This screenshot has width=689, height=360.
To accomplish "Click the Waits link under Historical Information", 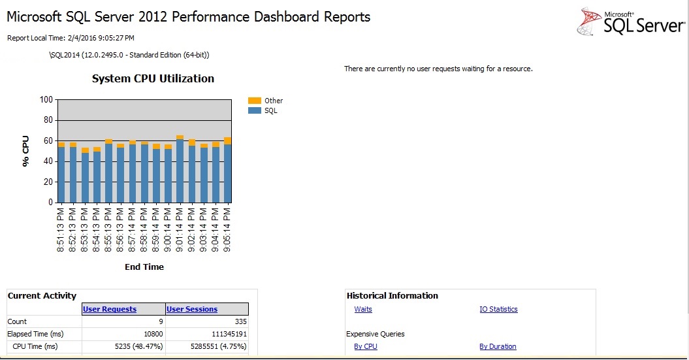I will coord(363,309).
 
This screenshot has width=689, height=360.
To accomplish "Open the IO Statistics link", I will coord(498,309).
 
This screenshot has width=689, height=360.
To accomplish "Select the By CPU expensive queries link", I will coord(366,346).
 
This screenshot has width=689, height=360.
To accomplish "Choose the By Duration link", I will coord(498,346).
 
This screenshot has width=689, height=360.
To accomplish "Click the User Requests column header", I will coord(110,309).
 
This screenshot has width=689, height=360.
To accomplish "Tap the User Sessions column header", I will coord(192,309).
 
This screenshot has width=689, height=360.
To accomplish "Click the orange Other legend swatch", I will coord(254,101).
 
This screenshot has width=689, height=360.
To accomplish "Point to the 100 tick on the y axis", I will coord(46,100).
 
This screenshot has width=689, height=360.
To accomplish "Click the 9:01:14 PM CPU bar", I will coord(180,170).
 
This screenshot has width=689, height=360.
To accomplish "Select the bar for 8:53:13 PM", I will coord(85,176).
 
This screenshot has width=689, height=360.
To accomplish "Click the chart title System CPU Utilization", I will coord(153,78).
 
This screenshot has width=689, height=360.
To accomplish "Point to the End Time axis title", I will coord(144,267).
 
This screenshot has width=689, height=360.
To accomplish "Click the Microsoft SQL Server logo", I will coord(630,22).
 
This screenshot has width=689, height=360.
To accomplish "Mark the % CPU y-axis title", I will coord(26,151).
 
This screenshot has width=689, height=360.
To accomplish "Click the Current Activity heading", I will coord(42,296).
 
